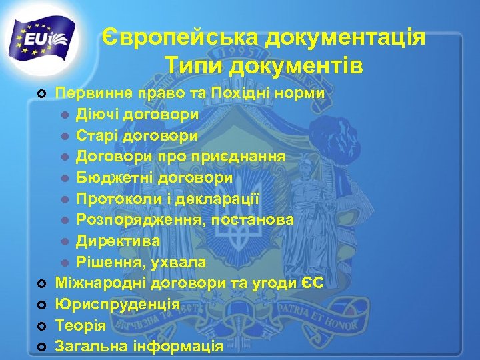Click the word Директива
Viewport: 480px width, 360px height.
[x=118, y=240]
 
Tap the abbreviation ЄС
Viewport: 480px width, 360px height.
[x=311, y=283]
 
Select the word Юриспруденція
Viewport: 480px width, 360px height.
[x=117, y=305]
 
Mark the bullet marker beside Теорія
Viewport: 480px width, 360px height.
[x=42, y=327]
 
